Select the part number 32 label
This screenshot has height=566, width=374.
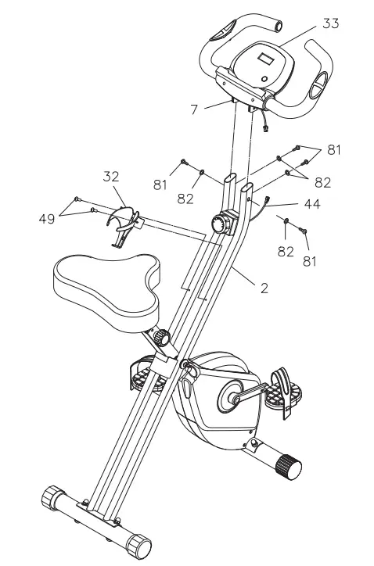point(111,177)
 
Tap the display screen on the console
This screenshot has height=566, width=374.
point(264,58)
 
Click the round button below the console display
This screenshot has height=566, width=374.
point(264,79)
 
